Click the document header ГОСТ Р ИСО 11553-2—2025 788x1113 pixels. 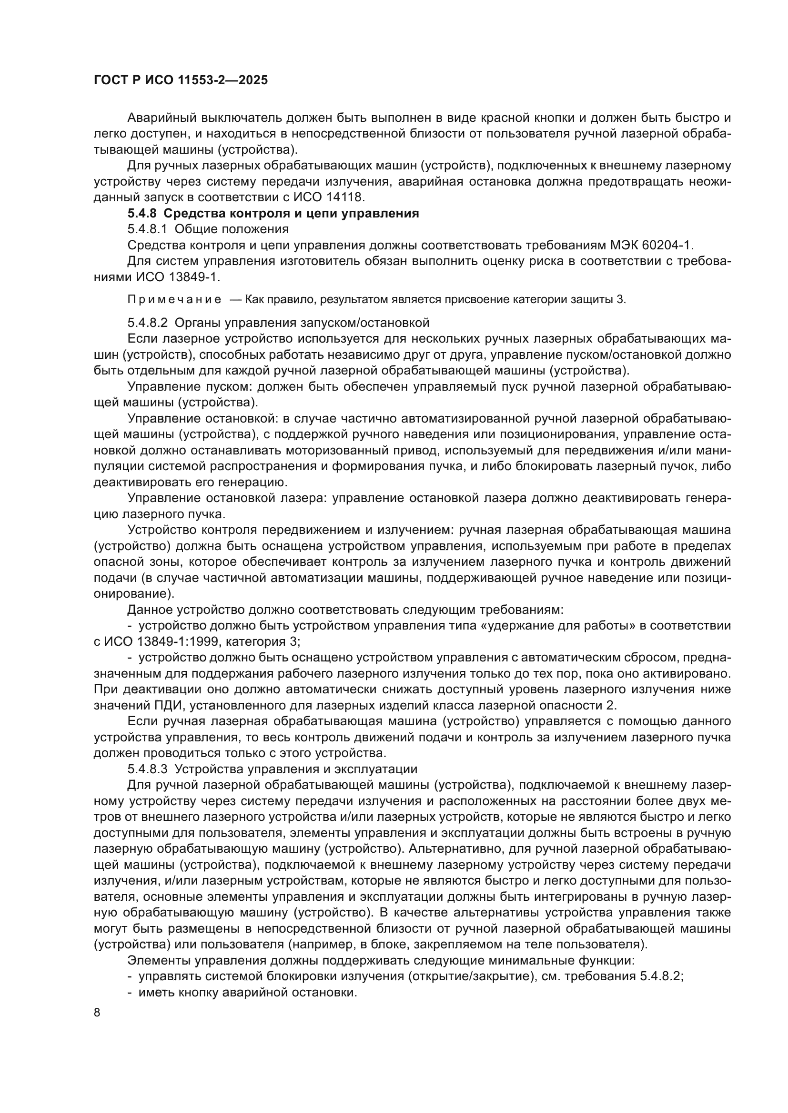(x=181, y=80)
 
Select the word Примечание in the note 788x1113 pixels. (x=174, y=300)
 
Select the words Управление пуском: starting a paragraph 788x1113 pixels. (x=190, y=387)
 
